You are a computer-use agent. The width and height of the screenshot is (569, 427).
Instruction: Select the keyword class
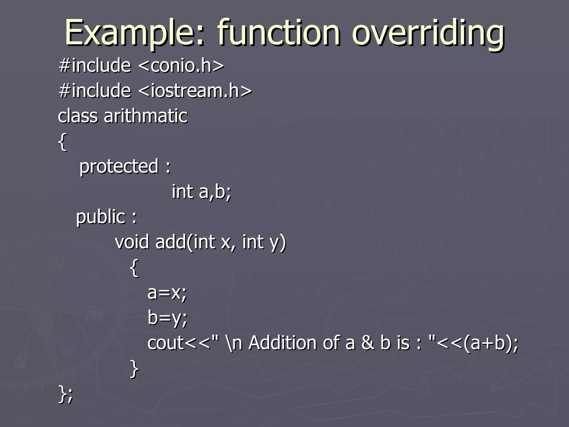(78, 116)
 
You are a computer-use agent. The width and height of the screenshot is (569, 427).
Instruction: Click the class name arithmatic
(146, 116)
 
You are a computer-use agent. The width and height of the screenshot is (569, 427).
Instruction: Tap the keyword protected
(119, 167)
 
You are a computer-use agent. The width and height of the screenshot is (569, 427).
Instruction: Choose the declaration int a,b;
(201, 192)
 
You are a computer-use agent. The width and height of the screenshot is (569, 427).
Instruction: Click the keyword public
(101, 217)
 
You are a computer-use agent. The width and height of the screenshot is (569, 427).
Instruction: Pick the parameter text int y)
(264, 242)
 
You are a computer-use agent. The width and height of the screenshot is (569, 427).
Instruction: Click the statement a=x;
(167, 292)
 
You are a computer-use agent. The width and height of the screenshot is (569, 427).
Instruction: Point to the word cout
(166, 343)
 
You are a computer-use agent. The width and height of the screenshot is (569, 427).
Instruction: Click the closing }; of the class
(66, 394)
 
